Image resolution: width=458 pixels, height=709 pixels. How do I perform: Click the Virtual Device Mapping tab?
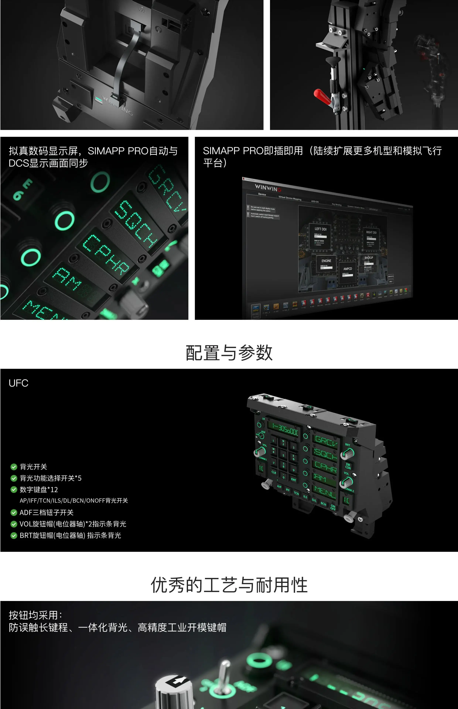[x=290, y=198]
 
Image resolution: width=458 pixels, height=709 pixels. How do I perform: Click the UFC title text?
[x=18, y=383]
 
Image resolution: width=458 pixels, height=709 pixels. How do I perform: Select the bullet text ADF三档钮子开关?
[x=46, y=512]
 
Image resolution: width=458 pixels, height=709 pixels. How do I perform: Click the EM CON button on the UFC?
[x=348, y=466]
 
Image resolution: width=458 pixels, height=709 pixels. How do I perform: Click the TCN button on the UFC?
[x=296, y=493]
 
